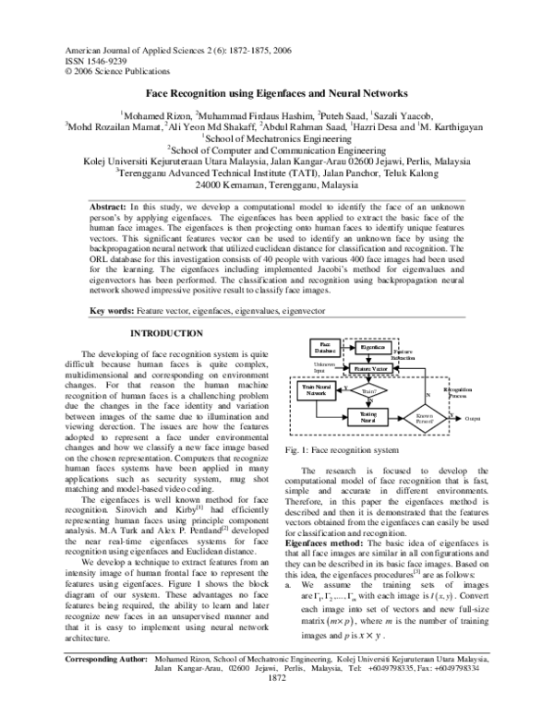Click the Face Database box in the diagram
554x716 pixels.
click(323, 347)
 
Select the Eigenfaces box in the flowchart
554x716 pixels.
click(365, 347)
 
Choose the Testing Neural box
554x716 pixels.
click(367, 418)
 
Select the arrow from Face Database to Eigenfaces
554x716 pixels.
click(343, 347)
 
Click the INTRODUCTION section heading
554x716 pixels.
click(166, 332)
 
